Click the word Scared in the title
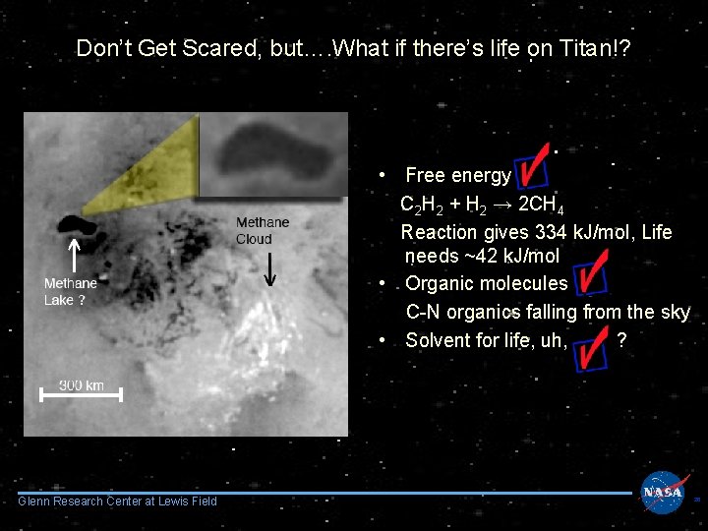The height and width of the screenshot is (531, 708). click(200, 48)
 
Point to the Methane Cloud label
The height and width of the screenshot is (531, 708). click(263, 230)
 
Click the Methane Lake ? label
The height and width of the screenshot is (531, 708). click(70, 292)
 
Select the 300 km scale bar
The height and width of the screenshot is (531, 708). click(81, 393)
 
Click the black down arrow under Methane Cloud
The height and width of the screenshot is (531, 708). click(270, 266)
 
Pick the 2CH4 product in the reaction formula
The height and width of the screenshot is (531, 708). click(540, 206)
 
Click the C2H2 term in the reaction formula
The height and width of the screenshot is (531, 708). click(419, 206)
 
